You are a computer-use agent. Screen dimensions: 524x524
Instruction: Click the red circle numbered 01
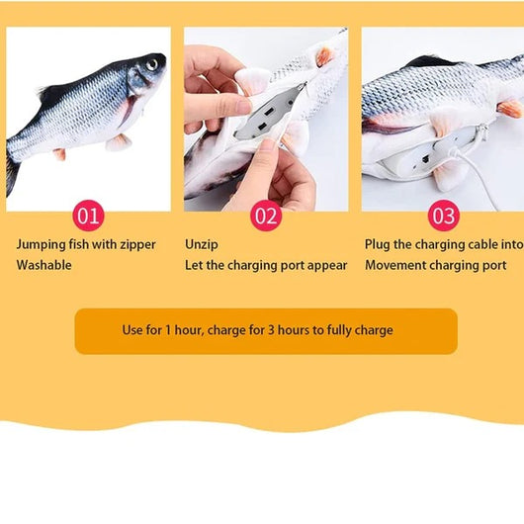click(x=89, y=216)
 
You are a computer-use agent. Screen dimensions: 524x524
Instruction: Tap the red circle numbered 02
click(x=266, y=216)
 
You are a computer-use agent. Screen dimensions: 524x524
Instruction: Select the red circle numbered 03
click(x=444, y=216)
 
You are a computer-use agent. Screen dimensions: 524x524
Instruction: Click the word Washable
click(x=44, y=265)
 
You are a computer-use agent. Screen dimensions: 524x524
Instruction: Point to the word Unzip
click(x=202, y=245)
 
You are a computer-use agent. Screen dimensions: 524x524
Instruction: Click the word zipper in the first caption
click(x=138, y=245)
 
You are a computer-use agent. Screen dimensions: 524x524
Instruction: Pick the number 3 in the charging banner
click(x=271, y=330)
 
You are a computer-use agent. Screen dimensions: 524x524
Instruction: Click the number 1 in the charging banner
click(x=168, y=330)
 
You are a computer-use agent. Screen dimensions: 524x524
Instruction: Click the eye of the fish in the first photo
click(x=152, y=65)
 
